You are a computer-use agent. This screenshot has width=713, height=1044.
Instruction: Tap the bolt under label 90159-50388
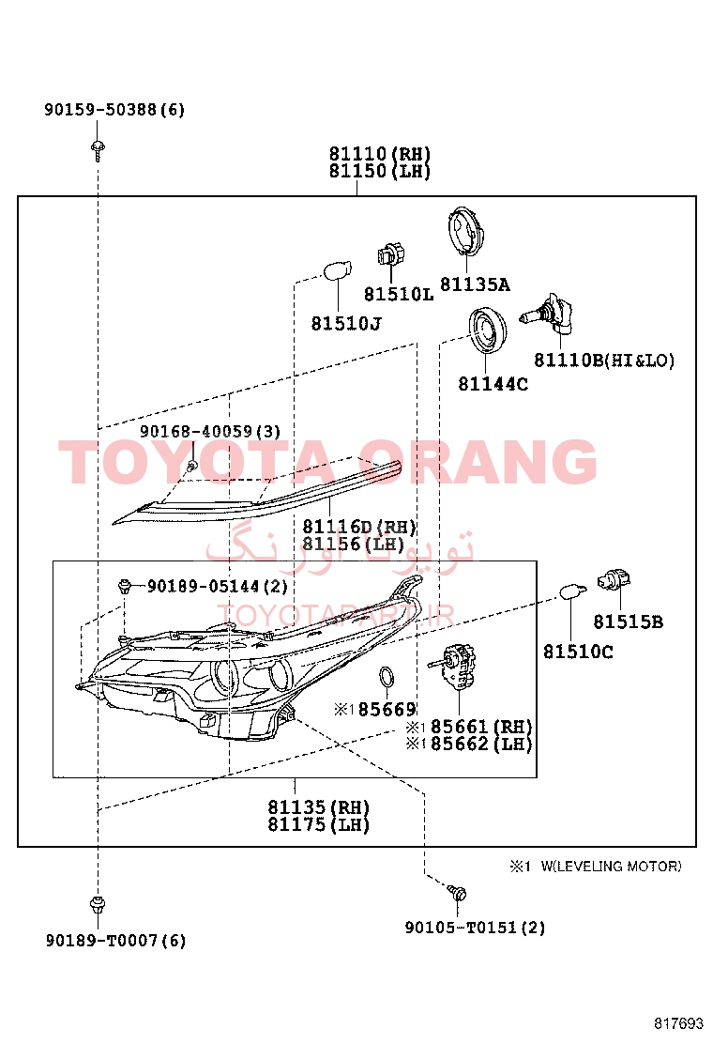pyautogui.click(x=99, y=150)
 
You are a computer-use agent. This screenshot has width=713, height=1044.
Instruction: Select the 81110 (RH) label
pyautogui.click(x=380, y=154)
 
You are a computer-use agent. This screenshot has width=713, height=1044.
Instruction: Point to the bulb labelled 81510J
pyautogui.click(x=337, y=271)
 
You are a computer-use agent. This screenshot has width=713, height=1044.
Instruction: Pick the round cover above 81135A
pyautogui.click(x=467, y=231)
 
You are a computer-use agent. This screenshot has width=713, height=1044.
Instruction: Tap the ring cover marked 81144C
pyautogui.click(x=487, y=332)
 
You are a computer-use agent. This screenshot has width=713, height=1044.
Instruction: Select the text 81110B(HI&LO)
pyautogui.click(x=604, y=361)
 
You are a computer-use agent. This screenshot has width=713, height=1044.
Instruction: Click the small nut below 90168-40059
pyautogui.click(x=192, y=465)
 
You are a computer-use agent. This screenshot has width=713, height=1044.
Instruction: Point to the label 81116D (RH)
pyautogui.click(x=359, y=528)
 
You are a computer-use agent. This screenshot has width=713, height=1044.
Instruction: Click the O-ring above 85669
pyautogui.click(x=387, y=678)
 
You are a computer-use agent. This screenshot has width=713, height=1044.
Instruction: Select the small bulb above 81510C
pyautogui.click(x=571, y=591)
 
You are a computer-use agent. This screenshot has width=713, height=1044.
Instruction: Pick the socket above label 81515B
pyautogui.click(x=614, y=580)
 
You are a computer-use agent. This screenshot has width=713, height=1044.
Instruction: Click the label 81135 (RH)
pyautogui.click(x=319, y=807)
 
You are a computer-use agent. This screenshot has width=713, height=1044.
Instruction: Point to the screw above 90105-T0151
pyautogui.click(x=456, y=893)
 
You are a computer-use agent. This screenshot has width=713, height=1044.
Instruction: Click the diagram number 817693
pyautogui.click(x=677, y=1023)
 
